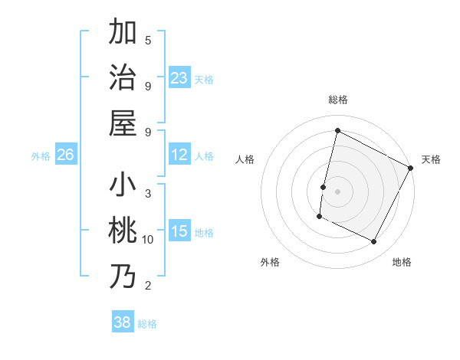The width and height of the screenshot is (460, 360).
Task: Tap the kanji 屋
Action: click(x=123, y=123)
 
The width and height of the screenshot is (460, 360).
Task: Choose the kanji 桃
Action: click(x=123, y=231)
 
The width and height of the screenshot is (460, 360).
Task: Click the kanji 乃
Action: click(x=123, y=277)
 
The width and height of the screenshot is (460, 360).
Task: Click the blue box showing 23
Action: click(x=179, y=77)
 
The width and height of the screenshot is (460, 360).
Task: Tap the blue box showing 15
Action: click(x=179, y=231)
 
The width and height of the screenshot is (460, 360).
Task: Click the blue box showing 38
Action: click(x=123, y=322)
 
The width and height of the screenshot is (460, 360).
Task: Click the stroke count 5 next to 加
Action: click(x=148, y=40)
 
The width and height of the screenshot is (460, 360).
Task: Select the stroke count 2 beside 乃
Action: click(x=148, y=286)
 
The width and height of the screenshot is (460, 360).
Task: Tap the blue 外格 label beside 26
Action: click(x=41, y=156)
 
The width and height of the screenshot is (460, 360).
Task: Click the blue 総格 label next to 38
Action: click(x=147, y=323)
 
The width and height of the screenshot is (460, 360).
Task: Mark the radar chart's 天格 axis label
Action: click(x=432, y=159)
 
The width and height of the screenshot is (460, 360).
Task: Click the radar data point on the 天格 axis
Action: click(x=411, y=168)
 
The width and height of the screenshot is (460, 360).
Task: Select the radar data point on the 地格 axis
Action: click(x=374, y=242)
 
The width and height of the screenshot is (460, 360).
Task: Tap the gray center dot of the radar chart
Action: click(x=337, y=191)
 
